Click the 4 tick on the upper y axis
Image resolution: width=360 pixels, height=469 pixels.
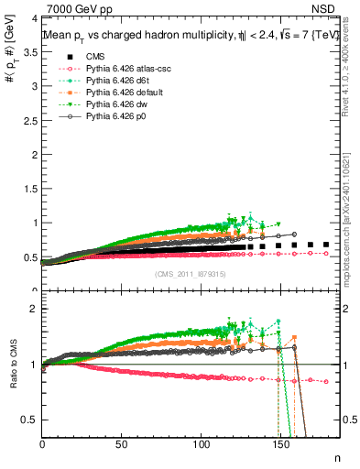coord(35,18)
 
